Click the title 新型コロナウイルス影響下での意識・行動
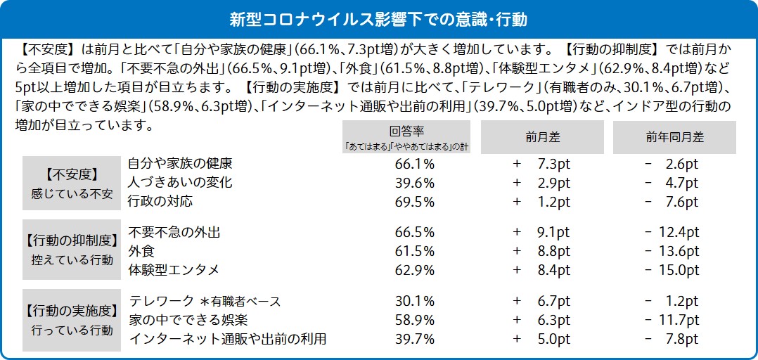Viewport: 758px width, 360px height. coord(379,17)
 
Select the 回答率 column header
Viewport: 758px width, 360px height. coord(406,137)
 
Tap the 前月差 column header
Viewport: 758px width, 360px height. coord(541,137)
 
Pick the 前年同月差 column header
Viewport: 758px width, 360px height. coord(674,137)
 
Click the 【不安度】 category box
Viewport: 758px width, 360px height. coord(71,182)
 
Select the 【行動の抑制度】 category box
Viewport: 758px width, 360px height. coord(71,251)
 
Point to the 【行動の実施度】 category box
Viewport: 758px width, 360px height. coord(71,321)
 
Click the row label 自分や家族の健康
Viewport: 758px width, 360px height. coord(180,164)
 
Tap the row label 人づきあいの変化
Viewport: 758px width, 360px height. coord(180,183)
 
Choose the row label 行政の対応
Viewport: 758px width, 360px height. coord(160,202)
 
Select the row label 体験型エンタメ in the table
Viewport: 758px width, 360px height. coord(174,270)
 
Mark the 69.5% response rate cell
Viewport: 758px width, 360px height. coord(415,202)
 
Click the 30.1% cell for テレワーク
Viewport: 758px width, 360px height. coord(415,302)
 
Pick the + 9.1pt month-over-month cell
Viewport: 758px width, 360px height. coord(541,233)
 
